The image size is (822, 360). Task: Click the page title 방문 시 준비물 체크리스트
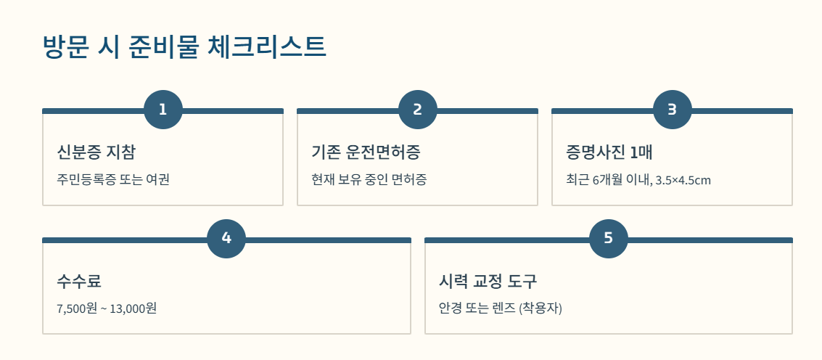pos(185,46)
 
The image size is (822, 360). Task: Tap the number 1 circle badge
pos(163,110)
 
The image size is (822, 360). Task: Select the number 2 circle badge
pos(417,110)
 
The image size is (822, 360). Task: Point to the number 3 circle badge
pos(672,110)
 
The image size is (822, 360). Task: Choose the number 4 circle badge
pos(226,238)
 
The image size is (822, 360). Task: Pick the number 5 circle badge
pos(608,238)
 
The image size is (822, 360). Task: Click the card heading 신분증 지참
pos(96,152)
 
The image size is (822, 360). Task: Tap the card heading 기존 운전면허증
pos(366,152)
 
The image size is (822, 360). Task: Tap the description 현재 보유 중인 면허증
pos(369,179)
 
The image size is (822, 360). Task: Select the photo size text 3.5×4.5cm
pos(683,180)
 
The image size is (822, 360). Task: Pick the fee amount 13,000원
pos(133,308)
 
